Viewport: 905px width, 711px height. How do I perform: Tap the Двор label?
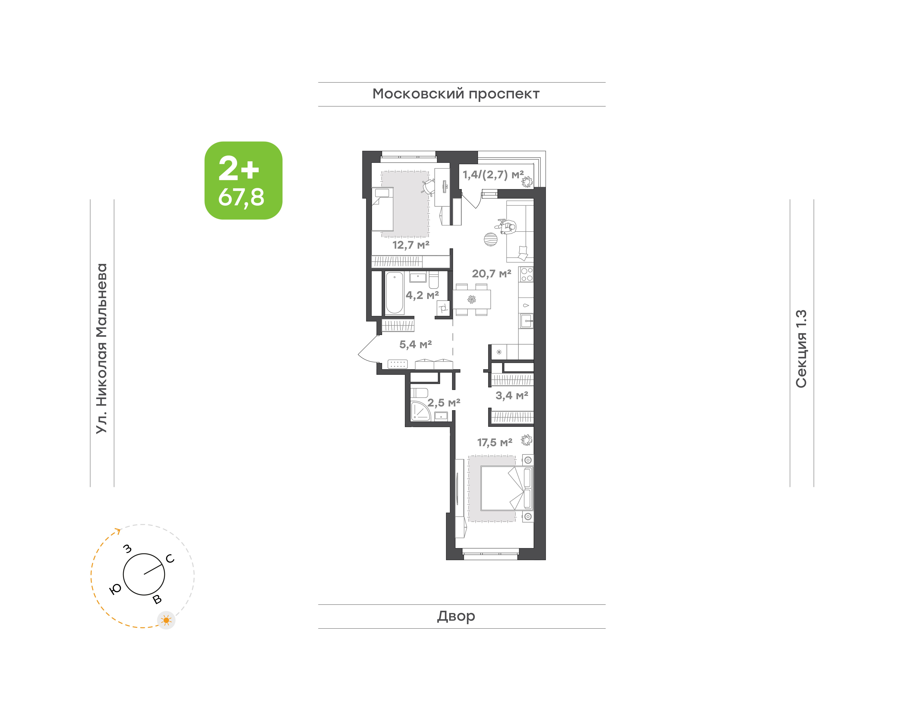[456, 616]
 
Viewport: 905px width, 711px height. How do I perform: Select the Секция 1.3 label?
[801, 349]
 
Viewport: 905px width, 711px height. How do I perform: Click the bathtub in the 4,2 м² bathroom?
[394, 293]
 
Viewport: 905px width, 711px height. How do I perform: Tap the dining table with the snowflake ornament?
[472, 299]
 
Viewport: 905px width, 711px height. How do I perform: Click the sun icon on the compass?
[166, 620]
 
